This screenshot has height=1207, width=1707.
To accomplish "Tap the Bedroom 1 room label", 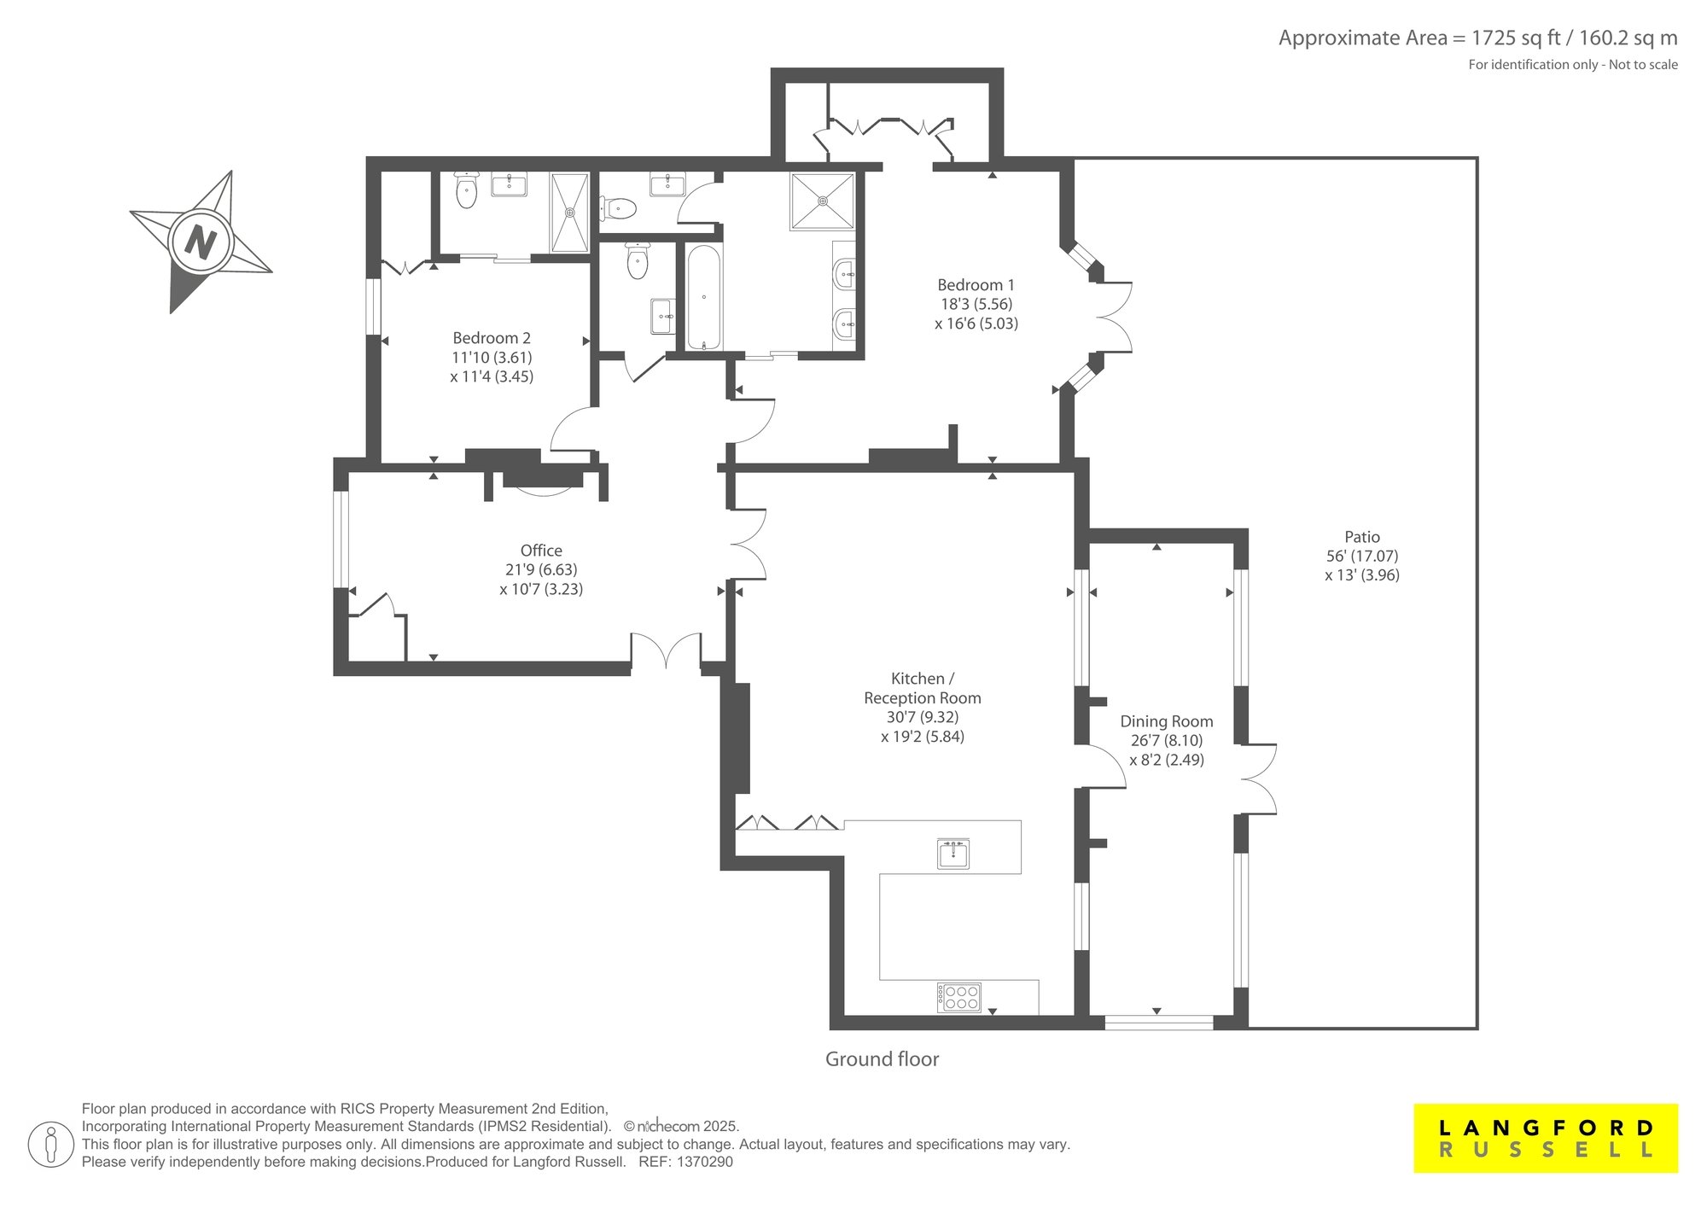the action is (x=976, y=285).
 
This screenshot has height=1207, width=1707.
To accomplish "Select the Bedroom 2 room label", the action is (x=492, y=338).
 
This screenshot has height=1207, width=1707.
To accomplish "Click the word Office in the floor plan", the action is (x=541, y=551).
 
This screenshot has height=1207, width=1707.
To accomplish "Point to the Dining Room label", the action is (x=1167, y=721).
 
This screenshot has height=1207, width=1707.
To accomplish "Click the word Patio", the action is (x=1362, y=537).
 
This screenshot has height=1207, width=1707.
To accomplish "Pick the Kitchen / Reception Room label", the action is (x=923, y=688).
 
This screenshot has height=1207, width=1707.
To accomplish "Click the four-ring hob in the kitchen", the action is (x=959, y=998).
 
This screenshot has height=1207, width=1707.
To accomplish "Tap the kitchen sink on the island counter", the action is (x=953, y=854).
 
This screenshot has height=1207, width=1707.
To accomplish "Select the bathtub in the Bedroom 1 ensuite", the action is (x=704, y=298).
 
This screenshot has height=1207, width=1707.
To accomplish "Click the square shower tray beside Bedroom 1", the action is (x=823, y=201).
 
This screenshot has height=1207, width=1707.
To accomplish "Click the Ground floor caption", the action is (x=882, y=1059).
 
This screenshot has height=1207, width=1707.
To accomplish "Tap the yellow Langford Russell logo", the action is (x=1546, y=1139).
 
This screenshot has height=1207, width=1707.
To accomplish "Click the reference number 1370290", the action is (x=704, y=1162).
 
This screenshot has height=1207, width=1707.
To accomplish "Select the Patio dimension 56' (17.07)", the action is (x=1362, y=556).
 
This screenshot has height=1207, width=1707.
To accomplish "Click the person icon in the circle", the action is (x=50, y=1145).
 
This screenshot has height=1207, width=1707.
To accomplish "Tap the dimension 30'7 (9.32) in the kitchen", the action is (x=923, y=717).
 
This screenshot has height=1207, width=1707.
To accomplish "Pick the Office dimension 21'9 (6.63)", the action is (x=541, y=569).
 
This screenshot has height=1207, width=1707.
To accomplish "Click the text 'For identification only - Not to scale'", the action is (x=1573, y=65).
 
